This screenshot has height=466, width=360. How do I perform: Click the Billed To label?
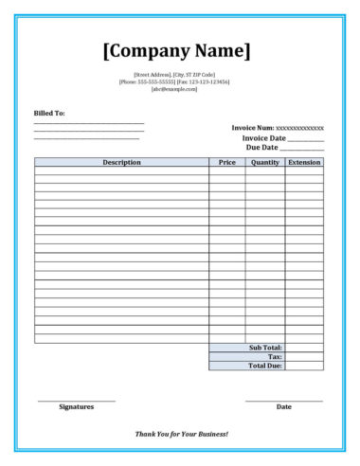point(49,113)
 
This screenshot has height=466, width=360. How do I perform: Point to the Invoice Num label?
point(252,128)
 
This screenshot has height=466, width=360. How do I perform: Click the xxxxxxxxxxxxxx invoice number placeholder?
point(299,128)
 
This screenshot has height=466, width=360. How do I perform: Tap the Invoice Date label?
point(264,138)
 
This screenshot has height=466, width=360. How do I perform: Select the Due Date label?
point(261,148)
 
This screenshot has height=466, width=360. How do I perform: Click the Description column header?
point(121,162)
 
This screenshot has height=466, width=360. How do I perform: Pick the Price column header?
point(226,162)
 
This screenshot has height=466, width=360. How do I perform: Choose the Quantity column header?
point(264,162)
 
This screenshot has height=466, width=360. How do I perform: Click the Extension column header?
point(304,162)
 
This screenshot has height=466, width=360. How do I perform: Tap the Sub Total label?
point(265,348)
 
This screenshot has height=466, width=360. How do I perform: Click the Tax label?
point(275,356)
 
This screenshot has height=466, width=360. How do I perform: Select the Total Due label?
point(264,365)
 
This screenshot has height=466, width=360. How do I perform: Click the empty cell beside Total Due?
point(304,365)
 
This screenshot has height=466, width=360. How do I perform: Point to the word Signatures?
point(77,406)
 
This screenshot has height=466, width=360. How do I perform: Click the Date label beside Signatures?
point(283,406)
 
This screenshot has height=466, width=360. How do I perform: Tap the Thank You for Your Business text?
point(181,434)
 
